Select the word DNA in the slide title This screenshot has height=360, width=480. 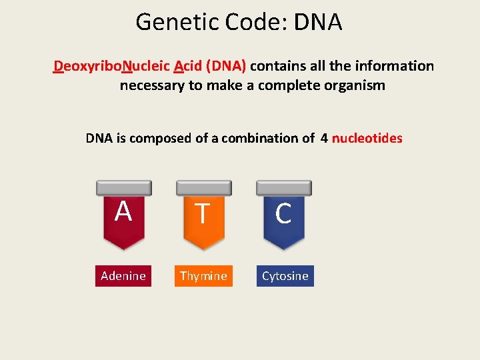[317, 23]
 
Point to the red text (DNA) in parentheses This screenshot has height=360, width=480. [227, 66]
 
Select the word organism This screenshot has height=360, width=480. [351, 85]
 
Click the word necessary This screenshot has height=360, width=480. [152, 85]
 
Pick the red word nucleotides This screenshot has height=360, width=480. [367, 139]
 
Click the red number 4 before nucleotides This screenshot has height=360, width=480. [324, 139]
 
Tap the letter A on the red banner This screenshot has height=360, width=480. [123, 212]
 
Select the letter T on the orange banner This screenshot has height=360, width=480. [203, 214]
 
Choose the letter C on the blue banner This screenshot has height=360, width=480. [283, 214]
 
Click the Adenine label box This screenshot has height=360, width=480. [123, 276]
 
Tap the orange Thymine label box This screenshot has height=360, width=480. [203, 276]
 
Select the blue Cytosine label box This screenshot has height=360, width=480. [285, 276]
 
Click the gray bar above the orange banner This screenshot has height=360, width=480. [203, 188]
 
